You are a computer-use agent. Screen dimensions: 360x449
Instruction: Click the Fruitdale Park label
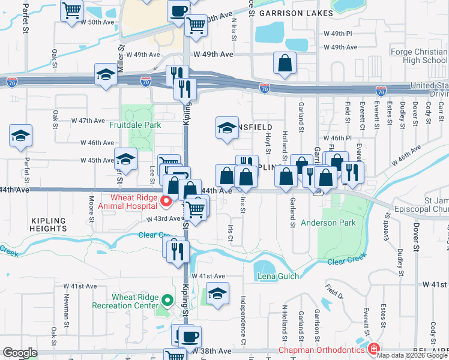[135, 125]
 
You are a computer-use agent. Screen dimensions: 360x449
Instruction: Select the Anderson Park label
[328, 223]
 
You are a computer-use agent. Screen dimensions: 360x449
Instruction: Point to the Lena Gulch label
[279, 277]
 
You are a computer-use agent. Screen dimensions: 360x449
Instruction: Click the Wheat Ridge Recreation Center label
[125, 301]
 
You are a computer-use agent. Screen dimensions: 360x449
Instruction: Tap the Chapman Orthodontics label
[321, 350]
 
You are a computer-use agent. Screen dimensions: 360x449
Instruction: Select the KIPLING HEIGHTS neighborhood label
[47, 225]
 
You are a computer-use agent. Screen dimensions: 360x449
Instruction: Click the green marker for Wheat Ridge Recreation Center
[168, 300]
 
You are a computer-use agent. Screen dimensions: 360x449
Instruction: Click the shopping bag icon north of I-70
[285, 63]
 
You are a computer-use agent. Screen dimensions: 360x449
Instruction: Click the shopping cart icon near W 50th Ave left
[71, 10]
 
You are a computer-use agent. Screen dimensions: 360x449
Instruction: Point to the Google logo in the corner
[20, 353]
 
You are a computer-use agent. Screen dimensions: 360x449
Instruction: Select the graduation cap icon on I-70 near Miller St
[106, 74]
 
